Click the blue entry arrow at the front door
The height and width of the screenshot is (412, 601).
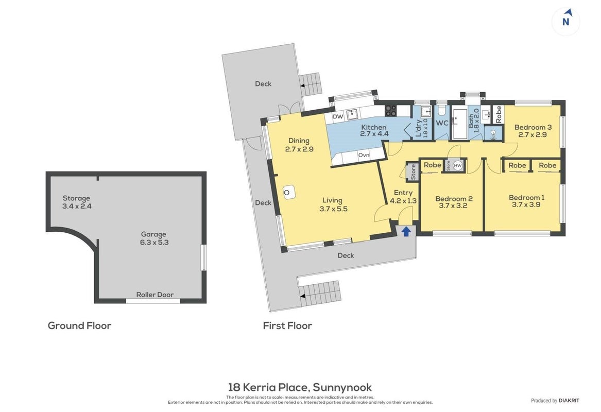tap(406, 231)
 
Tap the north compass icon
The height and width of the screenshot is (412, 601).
tap(566, 22)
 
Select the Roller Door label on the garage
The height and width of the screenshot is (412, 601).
tap(155, 295)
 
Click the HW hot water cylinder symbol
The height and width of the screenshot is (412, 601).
tap(458, 165)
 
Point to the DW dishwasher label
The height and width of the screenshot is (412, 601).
tap(338, 116)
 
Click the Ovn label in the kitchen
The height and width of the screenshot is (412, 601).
tap(364, 155)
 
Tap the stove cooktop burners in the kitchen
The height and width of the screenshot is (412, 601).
tap(390, 111)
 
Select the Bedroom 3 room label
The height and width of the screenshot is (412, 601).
tap(533, 127)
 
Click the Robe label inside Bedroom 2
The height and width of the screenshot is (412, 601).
tap(433, 165)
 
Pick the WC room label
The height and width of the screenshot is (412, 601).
tap(442, 123)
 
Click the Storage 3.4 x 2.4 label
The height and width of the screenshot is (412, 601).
tap(77, 202)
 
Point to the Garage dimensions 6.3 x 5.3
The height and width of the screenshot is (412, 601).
tap(154, 242)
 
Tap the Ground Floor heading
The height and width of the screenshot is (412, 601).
tap(79, 326)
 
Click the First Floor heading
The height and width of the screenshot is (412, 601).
tap(287, 326)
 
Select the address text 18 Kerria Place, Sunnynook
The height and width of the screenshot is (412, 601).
tap(300, 387)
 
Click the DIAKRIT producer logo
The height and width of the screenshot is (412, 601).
tap(569, 401)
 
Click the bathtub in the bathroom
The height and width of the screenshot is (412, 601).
tap(459, 124)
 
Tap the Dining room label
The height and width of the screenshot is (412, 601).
tap(299, 141)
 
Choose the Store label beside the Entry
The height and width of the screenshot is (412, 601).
tap(413, 172)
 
